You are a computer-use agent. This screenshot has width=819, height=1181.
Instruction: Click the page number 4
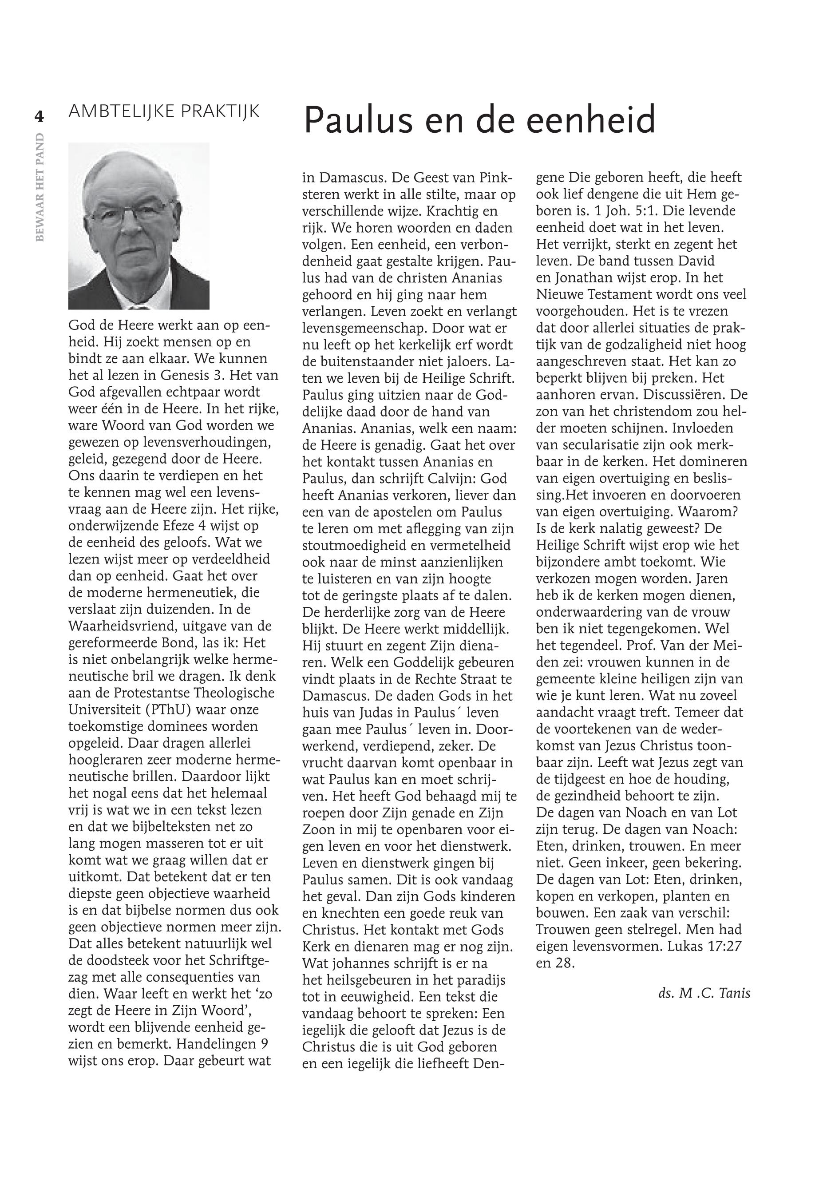pyautogui.click(x=39, y=116)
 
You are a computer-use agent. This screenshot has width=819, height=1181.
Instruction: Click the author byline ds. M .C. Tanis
pyautogui.click(x=704, y=993)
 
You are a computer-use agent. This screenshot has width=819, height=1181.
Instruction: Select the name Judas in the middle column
pyautogui.click(x=385, y=713)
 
